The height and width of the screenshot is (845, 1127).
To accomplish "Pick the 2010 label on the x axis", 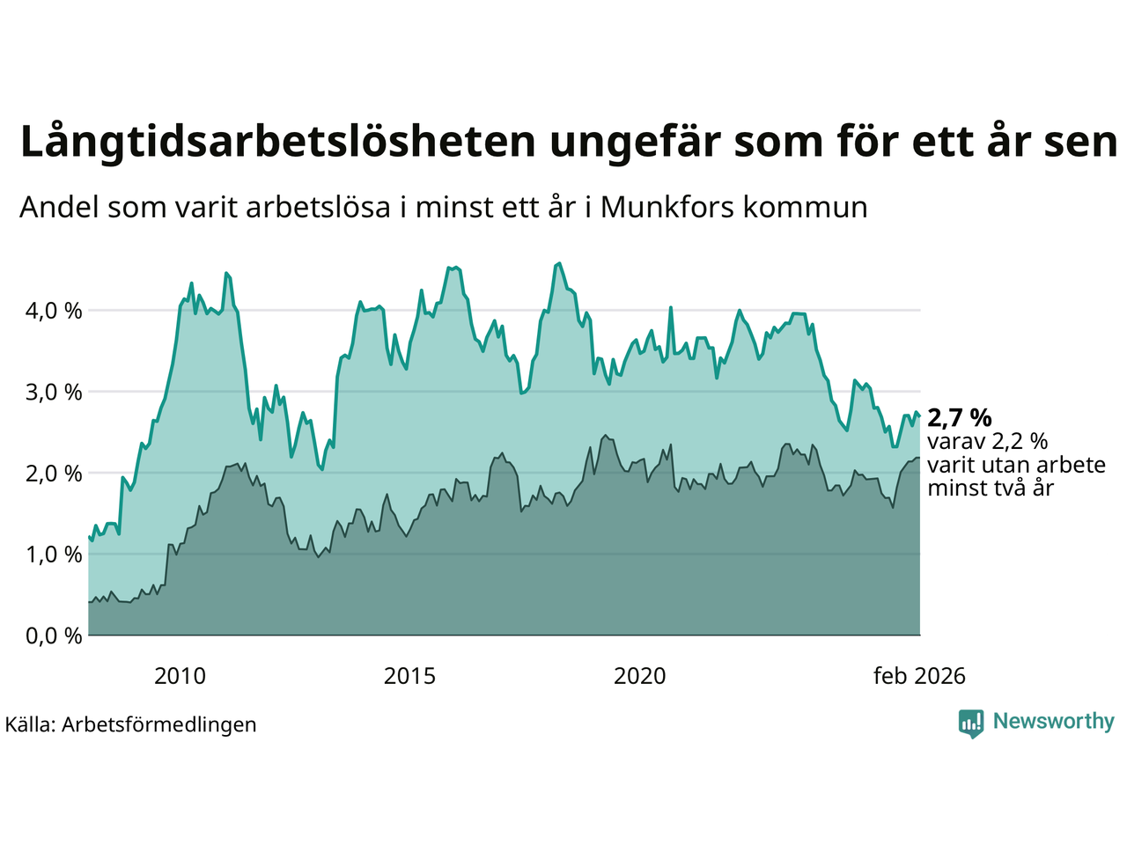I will coord(180,676).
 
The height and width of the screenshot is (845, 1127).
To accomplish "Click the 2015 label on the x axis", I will coord(409,676).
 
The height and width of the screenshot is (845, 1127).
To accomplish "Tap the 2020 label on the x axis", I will coord(640,676).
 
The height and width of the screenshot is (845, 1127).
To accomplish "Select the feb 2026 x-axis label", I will coord(919,676).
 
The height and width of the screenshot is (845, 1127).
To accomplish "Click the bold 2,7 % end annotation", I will coord(960,417).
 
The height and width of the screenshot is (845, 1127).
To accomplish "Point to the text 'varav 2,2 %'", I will coord(988,441).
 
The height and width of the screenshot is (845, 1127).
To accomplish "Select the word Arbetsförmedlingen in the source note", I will coord(159,724).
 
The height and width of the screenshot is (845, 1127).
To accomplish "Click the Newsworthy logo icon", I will coord(971,724).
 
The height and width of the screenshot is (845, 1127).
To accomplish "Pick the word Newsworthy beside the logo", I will coord(1054,722).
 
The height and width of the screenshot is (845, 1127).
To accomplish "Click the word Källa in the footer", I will coord(30,724).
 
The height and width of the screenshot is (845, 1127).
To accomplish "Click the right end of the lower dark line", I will coord(919,458).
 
